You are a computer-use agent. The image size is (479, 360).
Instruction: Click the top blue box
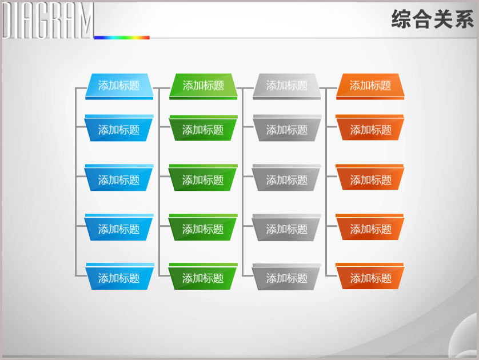pyautogui.click(x=119, y=86)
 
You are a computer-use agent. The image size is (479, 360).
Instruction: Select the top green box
pyautogui.click(x=203, y=86)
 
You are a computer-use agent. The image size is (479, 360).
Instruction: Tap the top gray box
pyautogui.click(x=286, y=86)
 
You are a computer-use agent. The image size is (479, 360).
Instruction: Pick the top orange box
pyautogui.click(x=370, y=86)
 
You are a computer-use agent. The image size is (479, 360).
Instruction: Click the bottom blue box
pyautogui.click(x=119, y=276)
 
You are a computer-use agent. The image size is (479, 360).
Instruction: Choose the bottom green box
pyautogui.click(x=203, y=276)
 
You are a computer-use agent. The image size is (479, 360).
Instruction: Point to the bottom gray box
pyautogui.click(x=286, y=277)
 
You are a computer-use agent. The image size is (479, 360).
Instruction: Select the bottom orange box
pyautogui.click(x=370, y=276)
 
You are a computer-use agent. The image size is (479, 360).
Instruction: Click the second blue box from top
pyautogui.click(x=119, y=128)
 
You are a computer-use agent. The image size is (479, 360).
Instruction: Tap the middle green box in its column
pyautogui.click(x=203, y=178)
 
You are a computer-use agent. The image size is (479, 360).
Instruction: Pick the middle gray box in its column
pyautogui.click(x=286, y=178)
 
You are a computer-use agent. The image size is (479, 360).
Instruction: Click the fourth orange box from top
pyautogui.click(x=370, y=227)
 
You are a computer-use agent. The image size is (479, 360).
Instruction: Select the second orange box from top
pyautogui.click(x=370, y=127)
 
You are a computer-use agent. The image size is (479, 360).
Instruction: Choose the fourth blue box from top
pyautogui.click(x=119, y=227)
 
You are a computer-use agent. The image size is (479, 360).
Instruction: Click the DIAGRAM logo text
pyautogui.click(x=48, y=21)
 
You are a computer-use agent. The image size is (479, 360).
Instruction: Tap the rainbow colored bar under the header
pyautogui.click(x=122, y=38)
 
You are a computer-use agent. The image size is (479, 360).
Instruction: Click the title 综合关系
pyautogui.click(x=432, y=19)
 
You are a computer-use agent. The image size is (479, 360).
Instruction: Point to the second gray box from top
pyautogui.click(x=286, y=128)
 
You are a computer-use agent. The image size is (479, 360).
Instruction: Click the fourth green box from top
pyautogui.click(x=203, y=227)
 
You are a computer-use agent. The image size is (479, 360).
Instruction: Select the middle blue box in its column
pyautogui.click(x=119, y=178)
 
